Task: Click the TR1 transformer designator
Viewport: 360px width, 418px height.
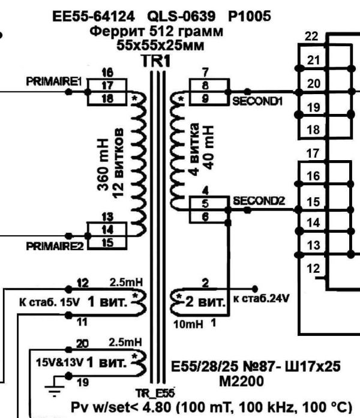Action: click(156, 61)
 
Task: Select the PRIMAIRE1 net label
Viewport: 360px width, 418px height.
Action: click(53, 82)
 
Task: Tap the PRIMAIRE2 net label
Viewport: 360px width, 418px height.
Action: click(55, 246)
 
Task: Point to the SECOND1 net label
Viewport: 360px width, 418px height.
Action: click(257, 101)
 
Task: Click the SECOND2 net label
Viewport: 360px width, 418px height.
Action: click(259, 201)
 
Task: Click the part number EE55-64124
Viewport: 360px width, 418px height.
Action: click(94, 17)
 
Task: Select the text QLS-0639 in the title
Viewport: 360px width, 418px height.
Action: click(181, 17)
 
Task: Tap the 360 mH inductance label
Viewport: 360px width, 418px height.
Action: click(103, 164)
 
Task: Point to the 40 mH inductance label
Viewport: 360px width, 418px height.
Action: click(209, 147)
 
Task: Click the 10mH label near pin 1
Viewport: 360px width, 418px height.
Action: click(188, 324)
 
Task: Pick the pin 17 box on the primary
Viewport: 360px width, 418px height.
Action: click(107, 85)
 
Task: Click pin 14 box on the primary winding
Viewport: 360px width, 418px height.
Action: click(107, 229)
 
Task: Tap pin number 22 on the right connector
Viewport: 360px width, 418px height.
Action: click(311, 36)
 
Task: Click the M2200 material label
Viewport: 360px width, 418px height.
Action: click(242, 381)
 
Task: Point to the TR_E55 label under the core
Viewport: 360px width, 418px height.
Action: click(155, 393)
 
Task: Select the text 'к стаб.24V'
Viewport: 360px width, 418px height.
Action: click(261, 299)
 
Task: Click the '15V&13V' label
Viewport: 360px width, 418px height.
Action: click(60, 363)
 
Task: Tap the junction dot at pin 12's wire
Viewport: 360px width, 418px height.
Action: click(68, 289)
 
